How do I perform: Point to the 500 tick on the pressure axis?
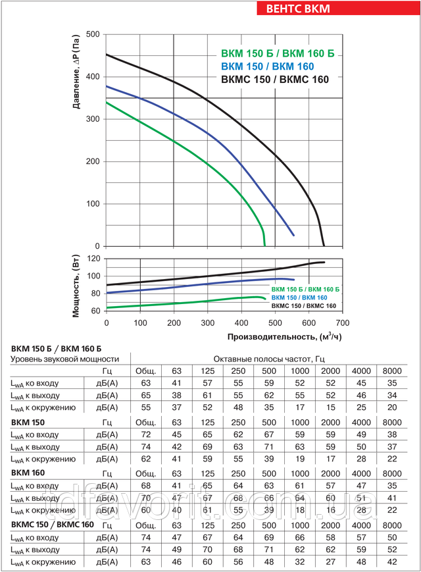(x=93, y=34)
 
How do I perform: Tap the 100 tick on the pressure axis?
(x=93, y=204)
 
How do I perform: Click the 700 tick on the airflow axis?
(x=342, y=324)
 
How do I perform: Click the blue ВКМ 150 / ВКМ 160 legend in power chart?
(x=304, y=298)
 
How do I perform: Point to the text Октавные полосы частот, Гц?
(x=270, y=359)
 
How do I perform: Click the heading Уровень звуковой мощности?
(x=63, y=359)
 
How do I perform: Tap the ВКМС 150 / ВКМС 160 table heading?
(x=53, y=524)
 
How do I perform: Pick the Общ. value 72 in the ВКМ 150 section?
(x=145, y=434)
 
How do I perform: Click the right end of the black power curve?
(x=324, y=262)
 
